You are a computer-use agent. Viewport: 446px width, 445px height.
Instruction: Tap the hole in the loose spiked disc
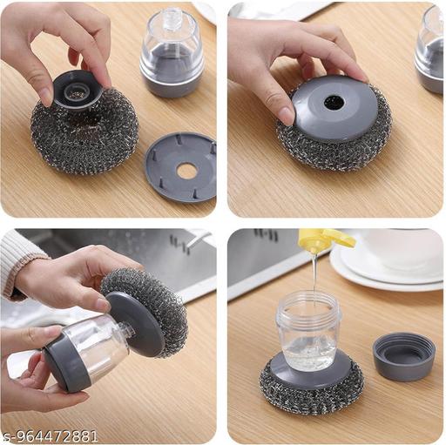[186, 172]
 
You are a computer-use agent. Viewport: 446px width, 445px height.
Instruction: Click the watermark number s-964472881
[49, 436]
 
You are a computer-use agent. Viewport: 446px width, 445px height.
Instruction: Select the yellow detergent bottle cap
[325, 240]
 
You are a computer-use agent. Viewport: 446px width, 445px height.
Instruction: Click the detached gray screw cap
[403, 356]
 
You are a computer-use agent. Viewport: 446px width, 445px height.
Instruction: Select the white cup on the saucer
[402, 251]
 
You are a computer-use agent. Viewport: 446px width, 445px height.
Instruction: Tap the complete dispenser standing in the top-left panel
[172, 52]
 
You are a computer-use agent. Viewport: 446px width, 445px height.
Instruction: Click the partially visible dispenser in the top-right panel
[429, 50]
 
